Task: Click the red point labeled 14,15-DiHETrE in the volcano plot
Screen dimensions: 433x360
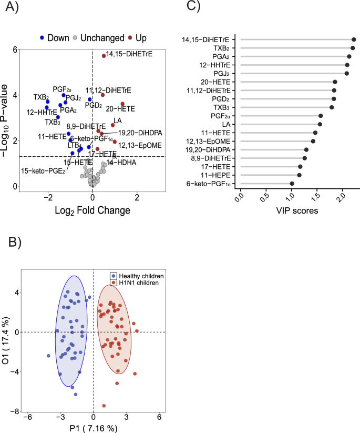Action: coord(103,55)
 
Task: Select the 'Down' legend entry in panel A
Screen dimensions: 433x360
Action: coord(57,38)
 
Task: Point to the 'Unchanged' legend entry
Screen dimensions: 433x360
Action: coord(98,38)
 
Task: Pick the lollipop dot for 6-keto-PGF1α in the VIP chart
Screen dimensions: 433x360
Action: coord(292,184)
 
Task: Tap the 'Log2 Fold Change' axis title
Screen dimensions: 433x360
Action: coord(92,210)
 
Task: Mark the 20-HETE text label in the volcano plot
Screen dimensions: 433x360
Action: coord(120,109)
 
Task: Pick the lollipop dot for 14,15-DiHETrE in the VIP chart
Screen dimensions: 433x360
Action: coord(354,39)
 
